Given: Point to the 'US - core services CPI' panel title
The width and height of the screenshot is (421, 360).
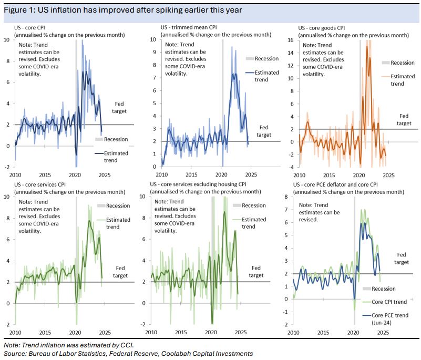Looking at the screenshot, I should tap(42, 185).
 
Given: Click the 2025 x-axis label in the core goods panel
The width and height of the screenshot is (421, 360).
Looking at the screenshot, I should tap(389, 174).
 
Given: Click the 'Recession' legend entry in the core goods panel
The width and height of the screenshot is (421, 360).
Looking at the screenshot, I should tap(402, 63).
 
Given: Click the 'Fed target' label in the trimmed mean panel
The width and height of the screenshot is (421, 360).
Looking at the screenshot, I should tap(264, 131).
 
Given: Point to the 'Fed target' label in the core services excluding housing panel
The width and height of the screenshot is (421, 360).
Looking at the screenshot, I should tap(256, 271).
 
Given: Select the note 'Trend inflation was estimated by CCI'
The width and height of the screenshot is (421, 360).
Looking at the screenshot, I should tap(67, 345).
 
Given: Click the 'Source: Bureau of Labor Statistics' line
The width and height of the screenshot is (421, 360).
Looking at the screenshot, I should tap(128, 354).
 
